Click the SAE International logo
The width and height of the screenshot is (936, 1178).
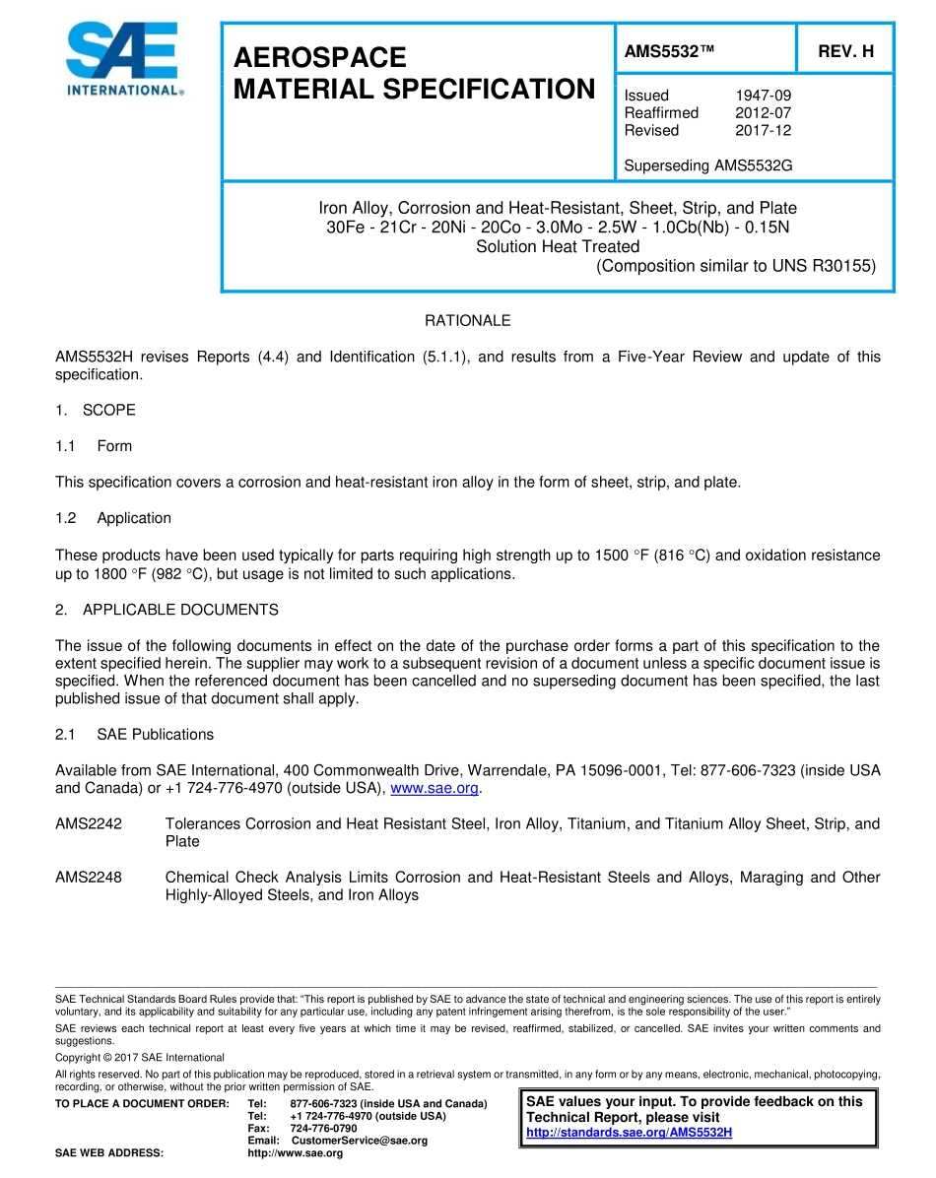[x=124, y=59]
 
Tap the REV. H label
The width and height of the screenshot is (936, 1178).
[x=845, y=51]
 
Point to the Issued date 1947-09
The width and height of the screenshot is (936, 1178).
[x=763, y=96]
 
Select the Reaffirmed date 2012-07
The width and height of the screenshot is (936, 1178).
[x=763, y=113]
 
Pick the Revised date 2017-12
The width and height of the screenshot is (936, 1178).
[x=763, y=130]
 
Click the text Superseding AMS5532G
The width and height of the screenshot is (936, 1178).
[x=707, y=165]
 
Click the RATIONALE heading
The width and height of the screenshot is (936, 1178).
[x=467, y=321]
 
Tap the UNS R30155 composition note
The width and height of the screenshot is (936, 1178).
[x=736, y=265]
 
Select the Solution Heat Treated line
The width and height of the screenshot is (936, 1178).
[x=558, y=246]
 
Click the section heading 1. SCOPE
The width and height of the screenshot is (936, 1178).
[x=96, y=410]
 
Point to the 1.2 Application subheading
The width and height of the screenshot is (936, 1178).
[x=113, y=518]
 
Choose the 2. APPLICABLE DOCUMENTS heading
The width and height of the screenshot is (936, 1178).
[x=167, y=610]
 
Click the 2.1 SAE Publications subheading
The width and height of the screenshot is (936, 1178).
[x=134, y=735]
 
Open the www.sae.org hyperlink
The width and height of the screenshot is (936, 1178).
[x=435, y=788]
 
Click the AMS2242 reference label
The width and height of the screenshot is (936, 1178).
[x=89, y=823]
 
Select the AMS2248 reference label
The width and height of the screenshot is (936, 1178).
[x=89, y=878]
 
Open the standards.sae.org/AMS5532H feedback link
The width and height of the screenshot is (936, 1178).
[x=629, y=1133]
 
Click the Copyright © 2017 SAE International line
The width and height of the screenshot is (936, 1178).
[x=140, y=1058]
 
